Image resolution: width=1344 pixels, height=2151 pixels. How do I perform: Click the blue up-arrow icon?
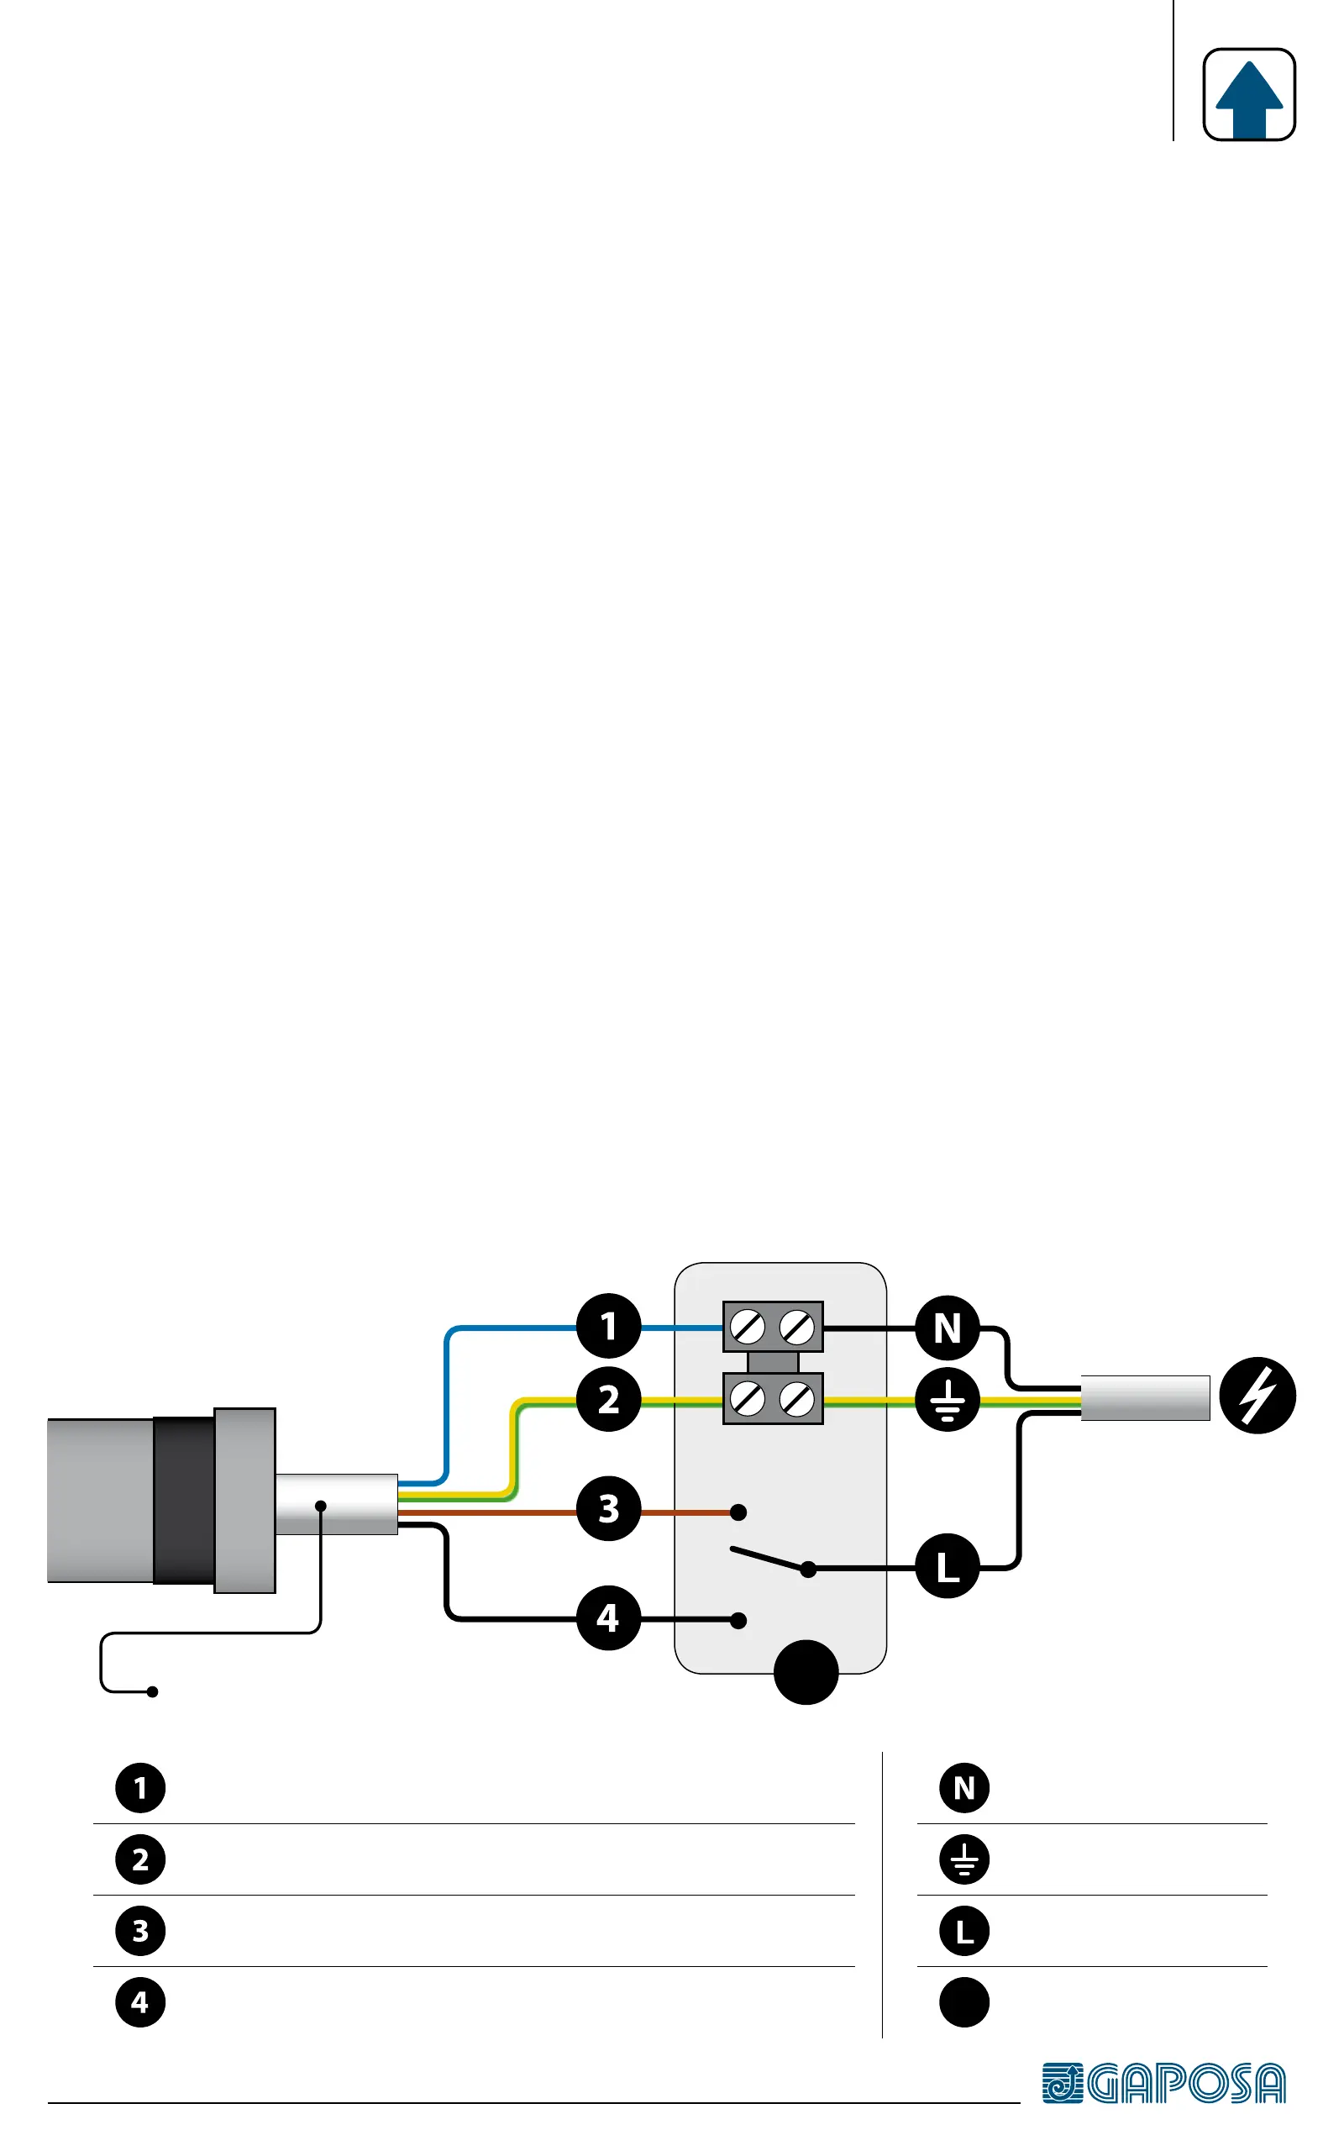[x=1248, y=95]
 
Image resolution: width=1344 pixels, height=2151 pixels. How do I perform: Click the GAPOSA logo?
[x=1163, y=2084]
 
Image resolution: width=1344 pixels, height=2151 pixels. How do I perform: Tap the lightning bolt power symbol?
[x=1257, y=1396]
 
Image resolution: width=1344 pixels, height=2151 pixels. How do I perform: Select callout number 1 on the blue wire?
[x=609, y=1326]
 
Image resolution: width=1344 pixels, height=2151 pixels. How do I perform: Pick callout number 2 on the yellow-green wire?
[x=609, y=1399]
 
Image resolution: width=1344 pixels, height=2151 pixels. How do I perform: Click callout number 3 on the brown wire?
[x=609, y=1508]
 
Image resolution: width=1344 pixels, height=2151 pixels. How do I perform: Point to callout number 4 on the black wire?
[x=609, y=1617]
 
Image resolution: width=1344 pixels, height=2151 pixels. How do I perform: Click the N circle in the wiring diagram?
[x=948, y=1328]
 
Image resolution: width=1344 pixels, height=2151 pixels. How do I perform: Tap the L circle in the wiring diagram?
[x=948, y=1566]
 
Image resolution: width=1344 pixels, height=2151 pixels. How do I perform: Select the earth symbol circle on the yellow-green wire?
[x=948, y=1399]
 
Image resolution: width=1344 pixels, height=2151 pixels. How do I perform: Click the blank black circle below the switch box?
[x=806, y=1672]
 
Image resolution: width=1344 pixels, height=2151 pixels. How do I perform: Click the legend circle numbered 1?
[x=140, y=1788]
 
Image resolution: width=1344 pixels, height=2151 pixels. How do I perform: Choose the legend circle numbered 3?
[x=140, y=1931]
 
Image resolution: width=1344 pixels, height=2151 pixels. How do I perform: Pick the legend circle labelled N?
[x=964, y=1788]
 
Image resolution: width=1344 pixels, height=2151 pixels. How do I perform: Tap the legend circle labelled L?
[x=964, y=1931]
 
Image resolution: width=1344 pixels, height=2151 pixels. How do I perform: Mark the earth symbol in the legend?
[x=964, y=1859]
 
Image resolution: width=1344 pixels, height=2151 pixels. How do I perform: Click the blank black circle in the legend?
[x=964, y=2001]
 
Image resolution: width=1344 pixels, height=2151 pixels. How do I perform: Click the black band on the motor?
[x=184, y=1501]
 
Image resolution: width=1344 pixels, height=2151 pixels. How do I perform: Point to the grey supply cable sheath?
[x=1145, y=1398]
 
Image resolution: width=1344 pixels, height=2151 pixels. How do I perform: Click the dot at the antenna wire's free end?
[x=153, y=1691]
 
